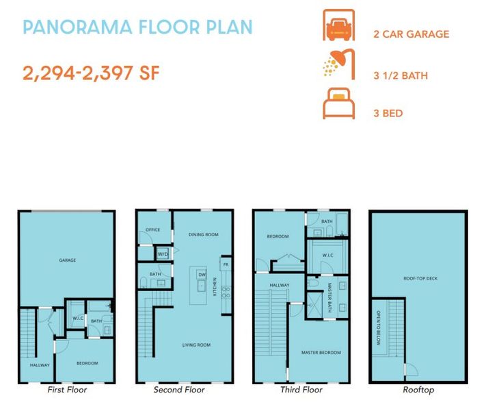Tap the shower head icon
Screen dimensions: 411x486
[337, 69]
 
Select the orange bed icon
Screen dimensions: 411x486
[338, 105]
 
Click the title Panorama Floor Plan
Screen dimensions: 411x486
[137, 27]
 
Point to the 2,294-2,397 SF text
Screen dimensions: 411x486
[91, 73]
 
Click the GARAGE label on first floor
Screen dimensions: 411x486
[67, 260]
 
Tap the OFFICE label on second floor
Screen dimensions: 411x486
[153, 230]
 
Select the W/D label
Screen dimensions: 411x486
[163, 254]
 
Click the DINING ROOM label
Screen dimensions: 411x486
[203, 235]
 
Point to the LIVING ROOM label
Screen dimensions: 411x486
[197, 345]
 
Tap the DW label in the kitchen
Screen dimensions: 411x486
[202, 275]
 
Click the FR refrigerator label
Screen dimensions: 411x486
[225, 264]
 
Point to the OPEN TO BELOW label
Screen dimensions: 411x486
[378, 328]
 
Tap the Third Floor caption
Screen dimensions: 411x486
[301, 390]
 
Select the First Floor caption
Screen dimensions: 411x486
[67, 390]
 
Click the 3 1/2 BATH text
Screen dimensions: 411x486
[401, 75]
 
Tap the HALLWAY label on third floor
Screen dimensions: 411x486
[280, 286]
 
